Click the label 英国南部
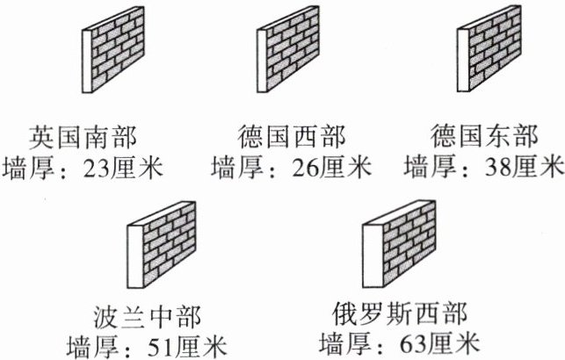coord(86,137)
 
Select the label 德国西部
coord(291,137)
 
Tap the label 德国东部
coord(485,137)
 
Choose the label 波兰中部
coord(144,315)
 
